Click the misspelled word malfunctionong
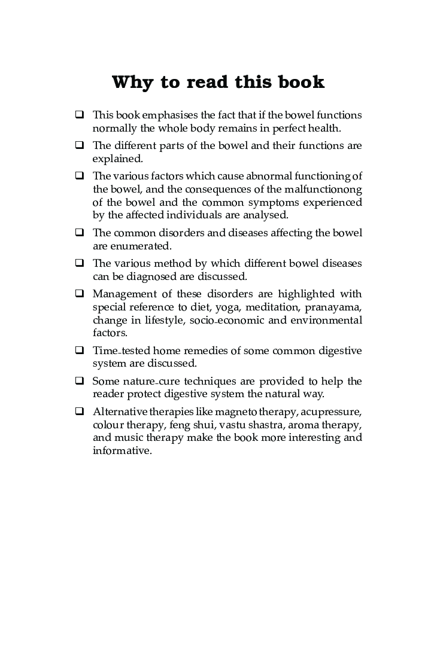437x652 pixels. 327,189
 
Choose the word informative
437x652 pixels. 122,451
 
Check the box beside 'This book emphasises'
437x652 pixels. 80,114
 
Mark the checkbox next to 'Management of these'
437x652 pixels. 80,294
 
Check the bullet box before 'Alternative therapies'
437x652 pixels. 80,412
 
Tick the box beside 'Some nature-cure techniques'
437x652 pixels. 80,381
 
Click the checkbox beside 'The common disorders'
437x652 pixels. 80,233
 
